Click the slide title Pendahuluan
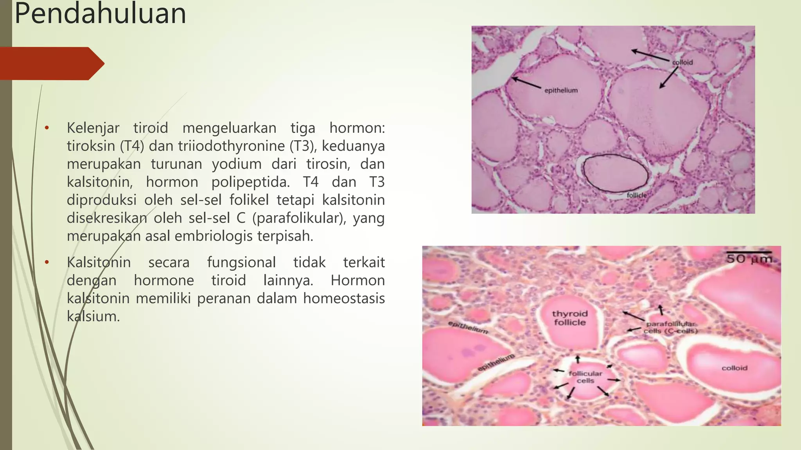100,14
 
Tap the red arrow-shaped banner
51,63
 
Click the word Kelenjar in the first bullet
93,128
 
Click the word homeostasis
344,298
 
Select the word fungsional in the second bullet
241,262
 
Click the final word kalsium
93,316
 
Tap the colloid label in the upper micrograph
682,62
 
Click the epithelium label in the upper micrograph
561,91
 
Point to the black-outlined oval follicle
615,173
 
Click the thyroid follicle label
570,318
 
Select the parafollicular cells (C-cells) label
670,327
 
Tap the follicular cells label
585,377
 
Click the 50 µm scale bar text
749,259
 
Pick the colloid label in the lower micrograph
734,368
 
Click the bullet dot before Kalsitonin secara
47,262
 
